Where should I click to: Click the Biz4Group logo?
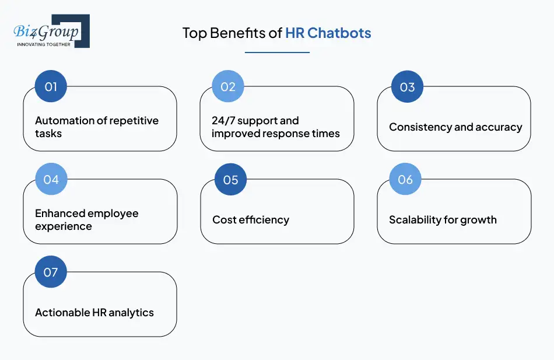click(x=51, y=30)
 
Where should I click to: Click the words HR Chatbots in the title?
click(x=328, y=33)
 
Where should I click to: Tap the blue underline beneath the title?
click(x=277, y=53)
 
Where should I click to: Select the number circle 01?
click(x=51, y=87)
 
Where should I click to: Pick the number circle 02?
click(x=227, y=87)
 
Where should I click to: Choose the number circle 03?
click(x=407, y=87)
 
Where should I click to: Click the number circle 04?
click(x=51, y=180)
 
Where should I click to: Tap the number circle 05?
click(x=230, y=180)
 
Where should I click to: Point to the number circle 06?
click(x=405, y=179)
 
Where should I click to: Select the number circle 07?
click(x=51, y=272)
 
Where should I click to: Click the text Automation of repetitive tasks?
click(x=97, y=127)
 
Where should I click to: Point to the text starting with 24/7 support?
click(x=275, y=127)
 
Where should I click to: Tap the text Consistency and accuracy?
click(x=455, y=127)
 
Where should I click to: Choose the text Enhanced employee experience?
click(x=87, y=219)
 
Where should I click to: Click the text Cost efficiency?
click(x=251, y=220)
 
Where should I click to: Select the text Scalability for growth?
click(x=443, y=220)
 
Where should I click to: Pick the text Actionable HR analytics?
click(x=94, y=313)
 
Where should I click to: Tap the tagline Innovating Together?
click(x=44, y=44)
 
